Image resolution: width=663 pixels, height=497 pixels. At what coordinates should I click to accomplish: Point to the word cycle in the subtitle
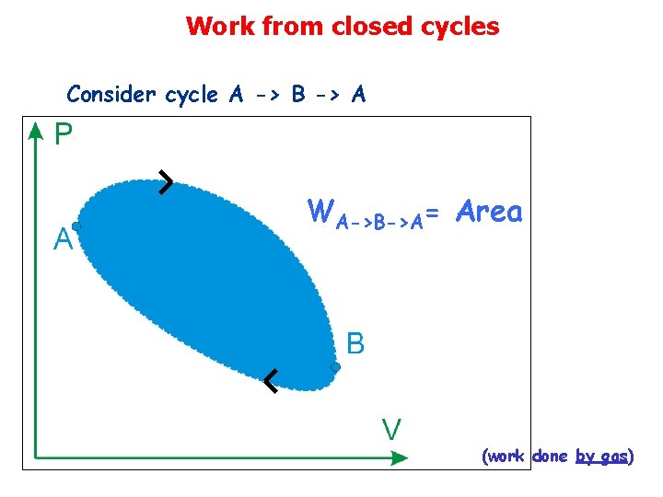[192, 94]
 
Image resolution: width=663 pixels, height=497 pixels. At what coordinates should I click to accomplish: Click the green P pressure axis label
[63, 136]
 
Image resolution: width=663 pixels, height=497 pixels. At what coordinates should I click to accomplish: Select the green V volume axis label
[391, 429]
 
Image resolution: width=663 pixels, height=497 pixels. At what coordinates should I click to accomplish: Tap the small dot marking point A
[76, 226]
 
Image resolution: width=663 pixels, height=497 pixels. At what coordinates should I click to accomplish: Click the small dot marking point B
[336, 367]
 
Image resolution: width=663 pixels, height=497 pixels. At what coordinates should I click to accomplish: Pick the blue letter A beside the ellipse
[63, 241]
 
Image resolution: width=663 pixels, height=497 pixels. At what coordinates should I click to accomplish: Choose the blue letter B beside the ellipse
[355, 344]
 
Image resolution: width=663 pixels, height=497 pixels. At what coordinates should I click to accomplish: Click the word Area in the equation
[489, 213]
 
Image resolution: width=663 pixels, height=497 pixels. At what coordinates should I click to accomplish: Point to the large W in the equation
[320, 212]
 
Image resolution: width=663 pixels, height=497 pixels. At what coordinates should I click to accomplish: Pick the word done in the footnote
[550, 457]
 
